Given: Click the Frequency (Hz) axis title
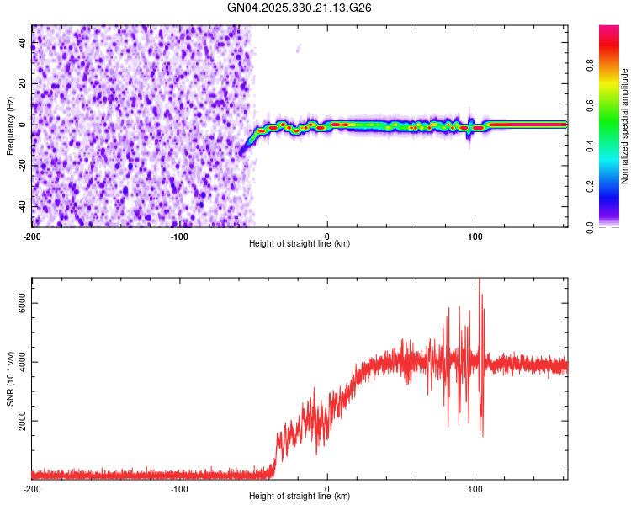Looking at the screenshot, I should pyautogui.click(x=10, y=126).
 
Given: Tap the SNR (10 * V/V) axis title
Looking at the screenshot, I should pyautogui.click(x=10, y=378).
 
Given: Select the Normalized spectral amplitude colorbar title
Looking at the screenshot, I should pyautogui.click(x=624, y=126).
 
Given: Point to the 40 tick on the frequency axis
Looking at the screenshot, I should pyautogui.click(x=22, y=42).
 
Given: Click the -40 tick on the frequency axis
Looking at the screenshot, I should pyautogui.click(x=22, y=206).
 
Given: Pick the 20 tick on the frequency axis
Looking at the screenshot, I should pyautogui.click(x=22, y=83).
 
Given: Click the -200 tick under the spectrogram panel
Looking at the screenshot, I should pyautogui.click(x=32, y=236).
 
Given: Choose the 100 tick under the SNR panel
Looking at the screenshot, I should pyautogui.click(x=475, y=488).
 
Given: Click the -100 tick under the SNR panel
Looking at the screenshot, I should pyautogui.click(x=179, y=488).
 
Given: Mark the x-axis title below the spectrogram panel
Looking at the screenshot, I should pyautogui.click(x=300, y=244).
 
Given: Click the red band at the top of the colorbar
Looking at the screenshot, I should pyautogui.click(x=609, y=34).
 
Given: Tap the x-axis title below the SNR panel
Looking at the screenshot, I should pyautogui.click(x=300, y=497).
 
